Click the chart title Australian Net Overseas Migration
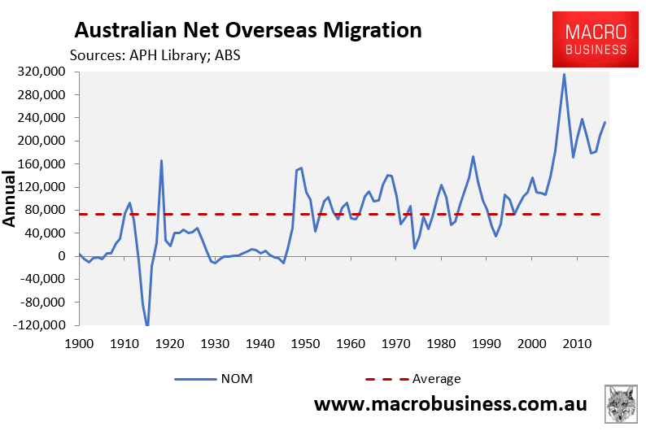(248, 30)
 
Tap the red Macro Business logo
(596, 40)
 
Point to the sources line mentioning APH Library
(155, 55)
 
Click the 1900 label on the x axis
(79, 344)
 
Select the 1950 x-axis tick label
(305, 344)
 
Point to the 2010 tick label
(577, 344)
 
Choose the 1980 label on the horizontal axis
(441, 344)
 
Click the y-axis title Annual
(9, 198)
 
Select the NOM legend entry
(213, 379)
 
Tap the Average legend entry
(413, 379)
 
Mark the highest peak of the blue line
(564, 75)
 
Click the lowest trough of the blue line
(147, 324)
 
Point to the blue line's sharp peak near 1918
(161, 160)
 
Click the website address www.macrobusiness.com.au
(450, 404)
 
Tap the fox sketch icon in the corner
(621, 404)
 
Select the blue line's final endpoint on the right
(605, 122)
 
